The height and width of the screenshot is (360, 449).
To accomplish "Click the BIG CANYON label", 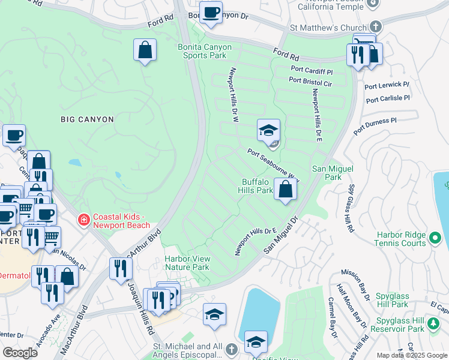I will click(x=87, y=119).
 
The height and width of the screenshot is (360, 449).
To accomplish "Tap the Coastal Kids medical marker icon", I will click(x=83, y=220).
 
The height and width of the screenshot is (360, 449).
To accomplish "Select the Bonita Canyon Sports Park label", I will click(x=202, y=51).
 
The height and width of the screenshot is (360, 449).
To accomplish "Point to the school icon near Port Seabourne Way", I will click(x=268, y=130).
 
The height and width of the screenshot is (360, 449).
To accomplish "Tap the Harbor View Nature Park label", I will click(x=187, y=263).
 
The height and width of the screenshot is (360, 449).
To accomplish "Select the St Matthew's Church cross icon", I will click(x=375, y=28).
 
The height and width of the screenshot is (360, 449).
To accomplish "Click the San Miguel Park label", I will click(x=327, y=173).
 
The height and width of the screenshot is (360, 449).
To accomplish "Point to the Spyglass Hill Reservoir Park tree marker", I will click(x=432, y=328).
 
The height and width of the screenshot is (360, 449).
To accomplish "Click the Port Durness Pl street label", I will click(x=375, y=125).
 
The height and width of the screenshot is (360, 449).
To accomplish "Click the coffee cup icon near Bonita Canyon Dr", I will click(x=211, y=13).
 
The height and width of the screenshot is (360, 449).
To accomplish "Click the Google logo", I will click(x=20, y=353).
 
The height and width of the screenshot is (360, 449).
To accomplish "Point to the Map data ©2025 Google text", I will click(x=412, y=355).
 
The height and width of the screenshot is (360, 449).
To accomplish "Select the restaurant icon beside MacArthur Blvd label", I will click(x=121, y=268).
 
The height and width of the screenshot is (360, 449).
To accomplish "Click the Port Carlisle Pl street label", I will click(x=387, y=98).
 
